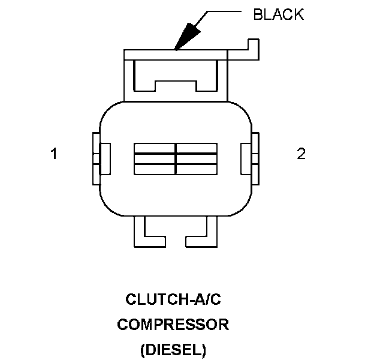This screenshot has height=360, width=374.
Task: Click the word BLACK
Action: [278, 15]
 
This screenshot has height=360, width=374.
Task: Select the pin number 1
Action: [54, 154]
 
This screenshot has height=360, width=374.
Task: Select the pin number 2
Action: [301, 154]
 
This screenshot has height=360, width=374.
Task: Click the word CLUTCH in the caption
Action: [150, 298]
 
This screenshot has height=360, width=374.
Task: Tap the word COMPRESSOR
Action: [173, 325]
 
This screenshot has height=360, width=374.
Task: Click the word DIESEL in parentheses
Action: [173, 349]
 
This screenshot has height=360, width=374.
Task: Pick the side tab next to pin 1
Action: [98, 158]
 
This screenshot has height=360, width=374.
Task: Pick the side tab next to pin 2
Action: [250, 158]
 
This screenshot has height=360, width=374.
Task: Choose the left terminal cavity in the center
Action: [155, 159]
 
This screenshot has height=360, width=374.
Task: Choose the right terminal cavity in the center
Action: [196, 159]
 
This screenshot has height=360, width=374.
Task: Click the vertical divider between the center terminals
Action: [175, 159]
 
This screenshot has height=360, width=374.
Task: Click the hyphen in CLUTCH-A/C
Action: [178, 298]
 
